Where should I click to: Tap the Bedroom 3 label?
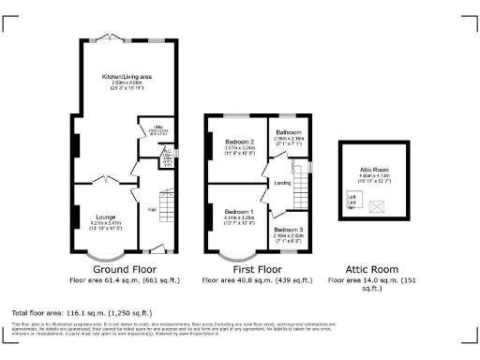tap(289, 230)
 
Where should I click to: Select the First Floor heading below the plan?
tap(259, 268)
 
